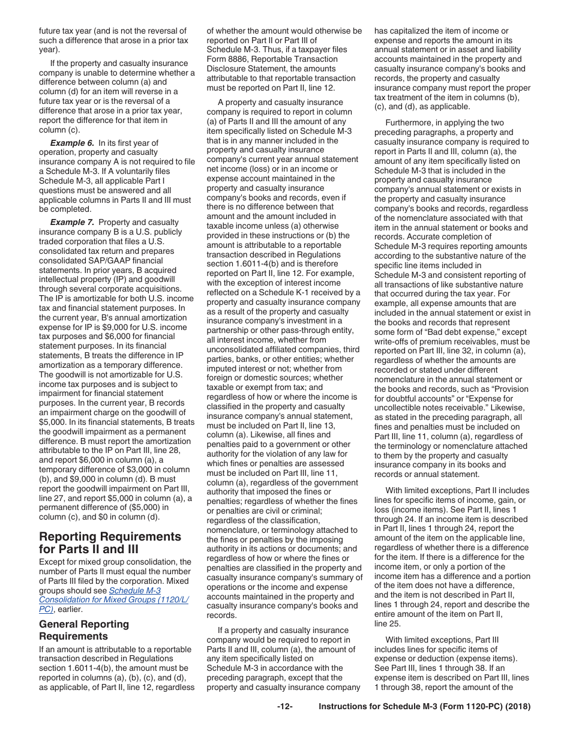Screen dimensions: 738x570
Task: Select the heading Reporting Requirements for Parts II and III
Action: pyautogui.click(x=110, y=542)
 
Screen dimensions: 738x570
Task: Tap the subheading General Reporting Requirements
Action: pyautogui.click(x=84, y=630)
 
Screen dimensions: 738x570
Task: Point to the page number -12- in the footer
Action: pyautogui.click(x=284, y=706)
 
